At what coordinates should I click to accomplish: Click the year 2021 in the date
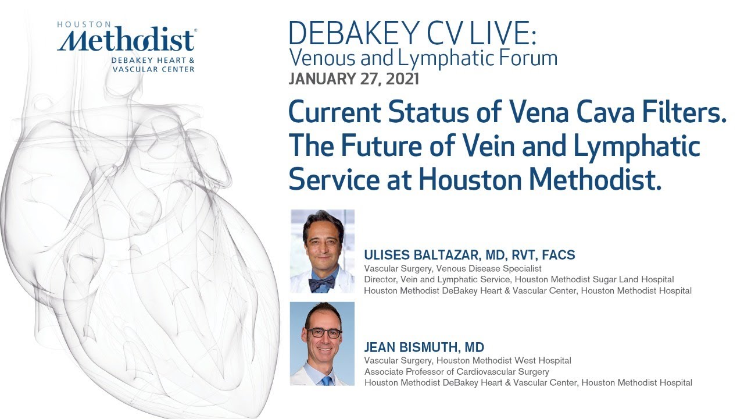[x=401, y=79]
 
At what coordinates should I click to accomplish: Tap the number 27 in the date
[x=368, y=79]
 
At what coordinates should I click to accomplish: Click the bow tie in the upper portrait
[x=321, y=283]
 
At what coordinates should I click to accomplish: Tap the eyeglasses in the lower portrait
[x=324, y=333]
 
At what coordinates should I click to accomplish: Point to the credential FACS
[x=557, y=255]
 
